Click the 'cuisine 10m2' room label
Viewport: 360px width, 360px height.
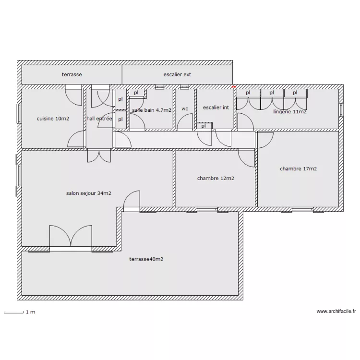click(53, 119)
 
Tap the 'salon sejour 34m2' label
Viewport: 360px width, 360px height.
click(89, 193)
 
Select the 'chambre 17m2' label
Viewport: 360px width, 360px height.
click(298, 169)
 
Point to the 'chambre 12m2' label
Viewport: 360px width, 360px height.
click(216, 179)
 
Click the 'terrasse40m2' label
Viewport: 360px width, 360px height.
click(146, 259)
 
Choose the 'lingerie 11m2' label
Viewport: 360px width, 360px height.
click(290, 112)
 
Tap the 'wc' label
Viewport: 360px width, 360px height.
click(185, 109)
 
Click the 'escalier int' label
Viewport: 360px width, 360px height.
click(216, 108)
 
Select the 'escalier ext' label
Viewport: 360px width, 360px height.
click(177, 74)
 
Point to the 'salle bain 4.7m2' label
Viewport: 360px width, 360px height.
click(152, 110)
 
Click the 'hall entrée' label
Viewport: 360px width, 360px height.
click(99, 119)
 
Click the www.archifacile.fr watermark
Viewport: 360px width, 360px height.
click(336, 312)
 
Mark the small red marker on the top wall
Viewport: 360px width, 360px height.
click(234, 87)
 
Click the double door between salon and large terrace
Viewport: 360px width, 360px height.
click(71, 238)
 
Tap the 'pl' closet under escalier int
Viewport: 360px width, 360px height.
click(204, 126)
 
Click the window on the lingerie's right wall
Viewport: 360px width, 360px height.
click(341, 110)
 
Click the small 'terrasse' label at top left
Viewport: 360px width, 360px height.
click(72, 74)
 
